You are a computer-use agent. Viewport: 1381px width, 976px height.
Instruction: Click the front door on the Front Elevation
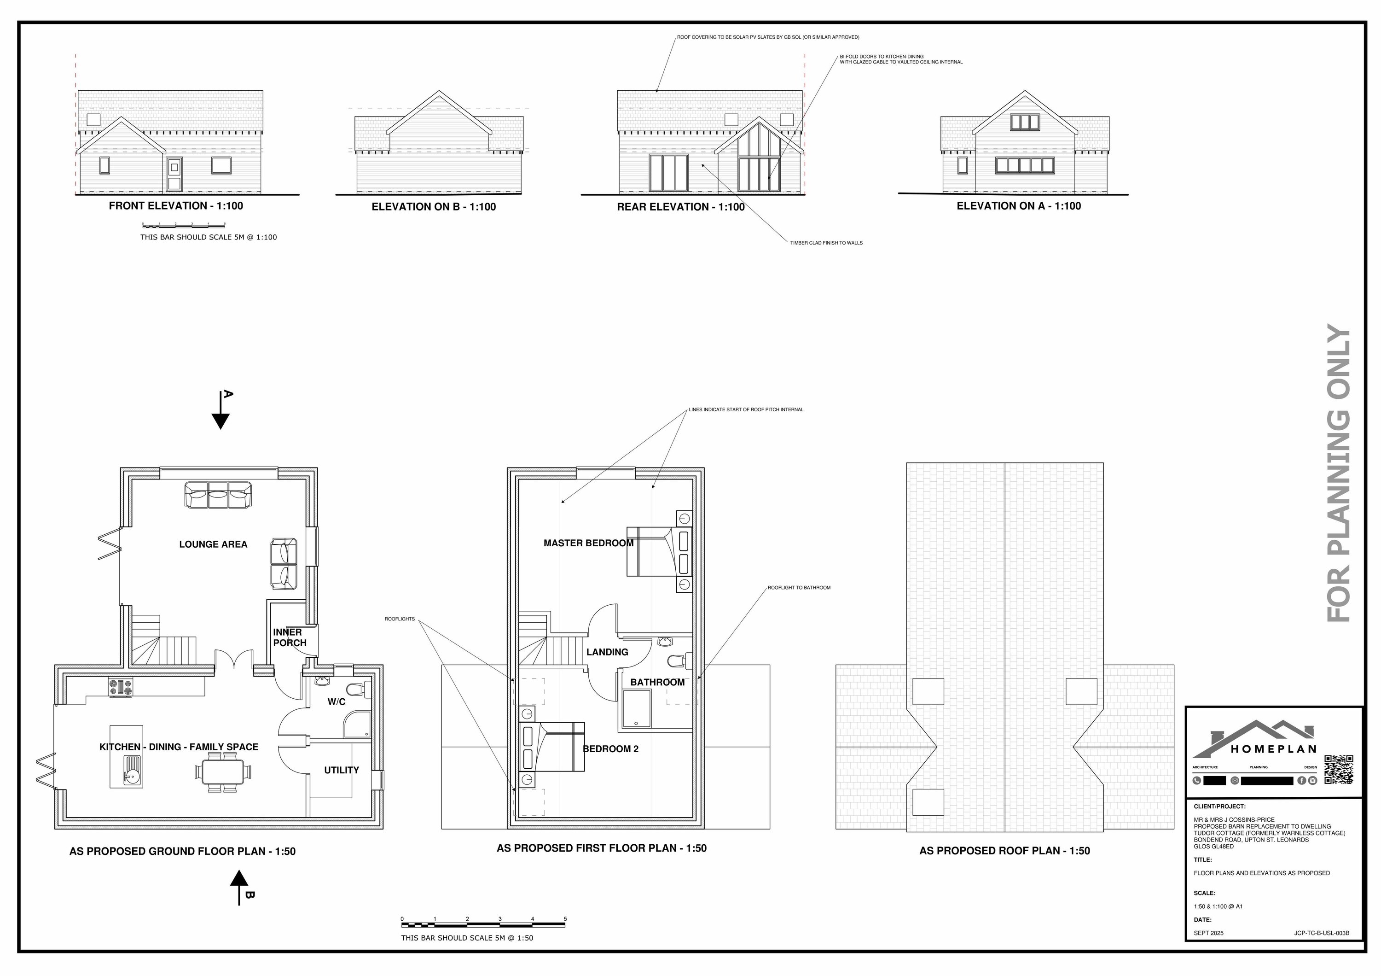point(174,175)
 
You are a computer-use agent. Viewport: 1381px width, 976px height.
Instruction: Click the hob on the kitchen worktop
point(120,687)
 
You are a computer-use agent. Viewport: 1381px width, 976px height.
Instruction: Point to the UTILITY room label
point(341,770)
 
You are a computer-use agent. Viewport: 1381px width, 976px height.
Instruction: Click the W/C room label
point(336,701)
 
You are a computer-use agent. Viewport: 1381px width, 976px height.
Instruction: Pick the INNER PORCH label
point(289,637)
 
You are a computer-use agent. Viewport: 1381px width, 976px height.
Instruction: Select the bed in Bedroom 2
point(551,747)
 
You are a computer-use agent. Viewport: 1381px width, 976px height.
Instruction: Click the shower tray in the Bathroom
point(636,709)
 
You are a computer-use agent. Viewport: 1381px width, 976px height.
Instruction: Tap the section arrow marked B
point(239,884)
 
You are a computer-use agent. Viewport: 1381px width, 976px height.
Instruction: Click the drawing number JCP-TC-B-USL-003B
point(1322,933)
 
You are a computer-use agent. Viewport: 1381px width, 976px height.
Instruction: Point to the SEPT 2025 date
point(1208,933)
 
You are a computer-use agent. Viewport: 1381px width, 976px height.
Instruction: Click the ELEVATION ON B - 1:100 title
point(434,207)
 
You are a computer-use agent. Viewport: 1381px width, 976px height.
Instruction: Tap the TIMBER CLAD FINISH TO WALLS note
point(826,243)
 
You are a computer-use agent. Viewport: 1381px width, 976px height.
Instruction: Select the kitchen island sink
point(132,771)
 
